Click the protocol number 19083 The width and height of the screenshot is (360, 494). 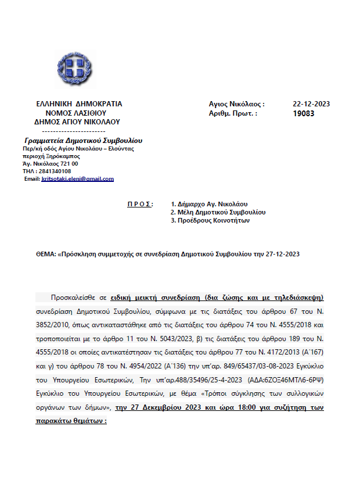(x=304, y=113)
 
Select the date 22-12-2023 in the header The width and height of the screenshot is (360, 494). (x=311, y=104)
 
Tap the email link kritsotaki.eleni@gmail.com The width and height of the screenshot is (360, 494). (x=78, y=179)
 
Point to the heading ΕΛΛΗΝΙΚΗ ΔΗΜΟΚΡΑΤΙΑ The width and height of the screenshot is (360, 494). (x=79, y=104)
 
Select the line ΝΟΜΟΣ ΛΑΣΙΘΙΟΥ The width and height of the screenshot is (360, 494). (x=80, y=113)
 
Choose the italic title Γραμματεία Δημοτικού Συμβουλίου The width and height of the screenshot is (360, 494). (x=84, y=141)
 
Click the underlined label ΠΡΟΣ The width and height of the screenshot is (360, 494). (x=139, y=205)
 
